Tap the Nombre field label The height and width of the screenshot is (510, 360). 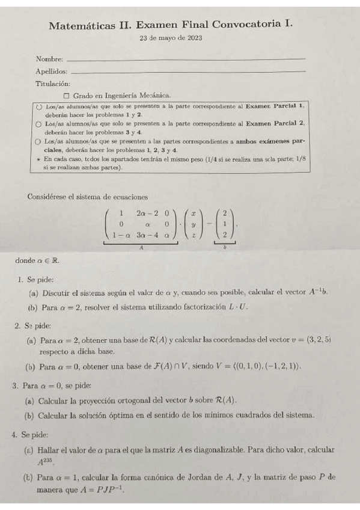49,59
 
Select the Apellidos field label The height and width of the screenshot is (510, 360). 51,72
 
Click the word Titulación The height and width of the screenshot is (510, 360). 53,84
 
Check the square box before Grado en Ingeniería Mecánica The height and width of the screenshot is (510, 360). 66,95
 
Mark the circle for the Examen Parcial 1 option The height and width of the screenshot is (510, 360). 39,105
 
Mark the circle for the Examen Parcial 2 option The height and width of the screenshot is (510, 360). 39,123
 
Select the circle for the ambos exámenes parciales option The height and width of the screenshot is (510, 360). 39,141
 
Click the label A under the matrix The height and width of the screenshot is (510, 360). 141,247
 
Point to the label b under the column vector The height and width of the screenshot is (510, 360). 224,247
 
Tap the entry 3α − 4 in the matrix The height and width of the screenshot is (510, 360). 147,235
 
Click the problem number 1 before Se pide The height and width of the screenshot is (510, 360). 20,279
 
